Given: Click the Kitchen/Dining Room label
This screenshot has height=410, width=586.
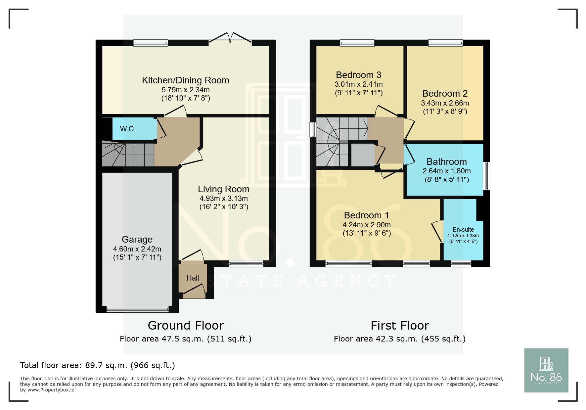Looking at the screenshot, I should [x=185, y=80].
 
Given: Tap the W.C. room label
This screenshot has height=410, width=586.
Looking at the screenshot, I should [x=128, y=129].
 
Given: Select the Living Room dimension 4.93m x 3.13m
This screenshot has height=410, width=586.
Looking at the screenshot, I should [x=224, y=199].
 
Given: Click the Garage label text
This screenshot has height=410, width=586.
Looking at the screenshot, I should [x=137, y=240].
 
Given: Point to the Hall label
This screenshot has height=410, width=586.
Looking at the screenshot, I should [x=193, y=278].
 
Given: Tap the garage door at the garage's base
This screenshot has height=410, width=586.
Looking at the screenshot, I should [x=137, y=310].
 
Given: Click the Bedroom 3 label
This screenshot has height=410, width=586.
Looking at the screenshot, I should [x=358, y=75].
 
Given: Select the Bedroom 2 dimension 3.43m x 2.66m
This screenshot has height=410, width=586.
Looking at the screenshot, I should [x=445, y=103].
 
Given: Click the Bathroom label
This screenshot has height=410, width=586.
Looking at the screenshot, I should [x=446, y=162].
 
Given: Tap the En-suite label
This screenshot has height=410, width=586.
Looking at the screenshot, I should [x=463, y=230].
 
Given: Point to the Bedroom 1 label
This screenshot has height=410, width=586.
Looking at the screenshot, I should [x=366, y=215].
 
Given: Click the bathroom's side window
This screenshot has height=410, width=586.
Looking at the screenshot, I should [x=486, y=176].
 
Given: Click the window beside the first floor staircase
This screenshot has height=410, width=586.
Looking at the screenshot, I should [x=313, y=130].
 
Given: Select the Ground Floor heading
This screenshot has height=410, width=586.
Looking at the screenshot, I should [x=186, y=326].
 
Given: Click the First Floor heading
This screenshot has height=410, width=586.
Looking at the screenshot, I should [x=400, y=326].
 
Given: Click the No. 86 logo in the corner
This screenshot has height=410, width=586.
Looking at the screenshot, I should [x=546, y=370].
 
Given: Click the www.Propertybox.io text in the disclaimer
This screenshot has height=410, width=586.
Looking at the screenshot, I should [x=51, y=390].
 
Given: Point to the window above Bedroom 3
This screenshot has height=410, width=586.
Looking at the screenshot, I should [x=357, y=43].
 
